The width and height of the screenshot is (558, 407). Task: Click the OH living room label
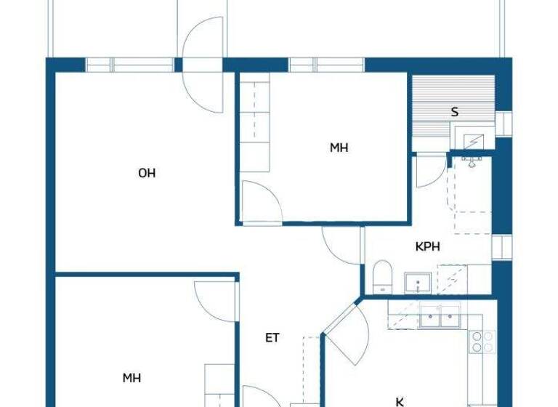coord(147,173)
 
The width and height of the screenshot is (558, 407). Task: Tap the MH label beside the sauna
coord(339,148)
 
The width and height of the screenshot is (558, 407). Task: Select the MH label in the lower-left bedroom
coord(132,378)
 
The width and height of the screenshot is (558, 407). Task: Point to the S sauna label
coord(455,112)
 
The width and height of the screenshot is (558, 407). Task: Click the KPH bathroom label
coord(428,246)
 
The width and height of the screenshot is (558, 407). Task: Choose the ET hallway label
coord(272,337)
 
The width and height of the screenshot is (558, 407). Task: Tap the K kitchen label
coord(399,401)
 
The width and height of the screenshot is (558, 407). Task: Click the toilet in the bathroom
coord(382,277)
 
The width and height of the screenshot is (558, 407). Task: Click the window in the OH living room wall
coord(131,65)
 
